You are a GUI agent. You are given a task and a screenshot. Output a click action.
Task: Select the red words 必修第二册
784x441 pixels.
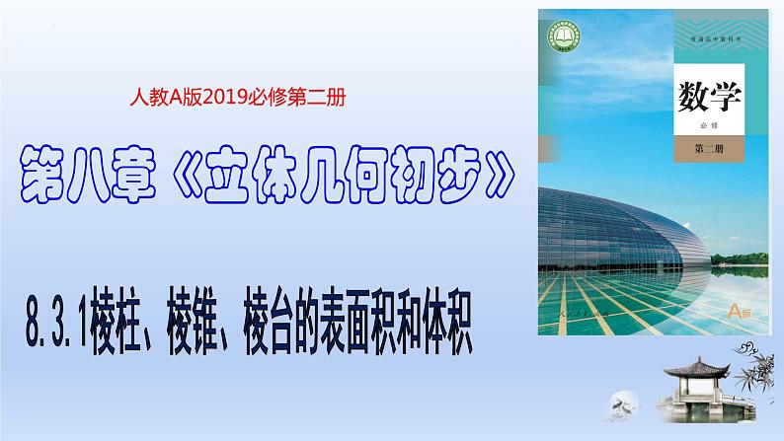[x=310, y=98]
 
